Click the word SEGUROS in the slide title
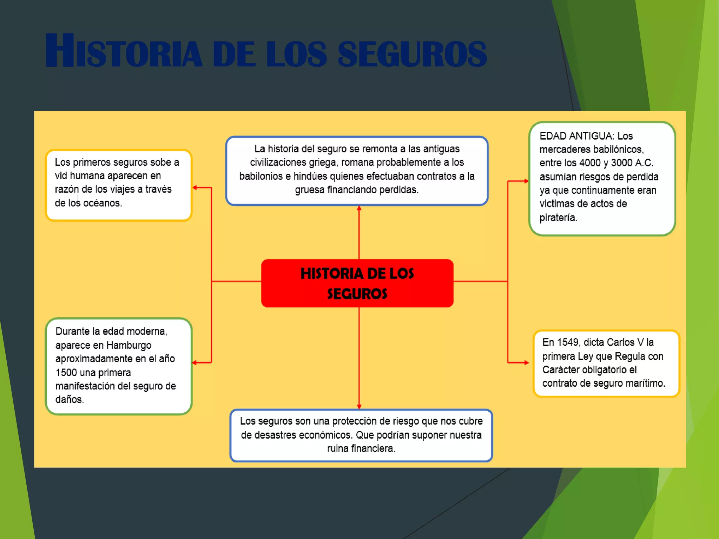[x=412, y=54]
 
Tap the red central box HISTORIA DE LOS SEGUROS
[x=357, y=283]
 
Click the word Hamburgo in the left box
[x=128, y=345]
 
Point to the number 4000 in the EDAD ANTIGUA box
[x=590, y=163]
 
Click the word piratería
[x=558, y=218]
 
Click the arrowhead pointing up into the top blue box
[x=359, y=208]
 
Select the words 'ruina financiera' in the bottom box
[x=361, y=448]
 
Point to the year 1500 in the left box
[x=66, y=372]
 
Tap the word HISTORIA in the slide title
[x=124, y=52]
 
